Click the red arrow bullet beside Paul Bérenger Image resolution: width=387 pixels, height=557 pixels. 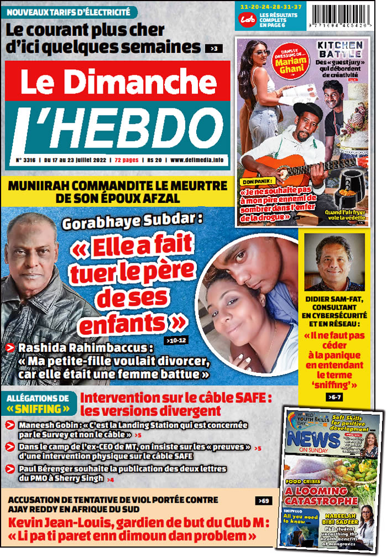coord(11,469)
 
